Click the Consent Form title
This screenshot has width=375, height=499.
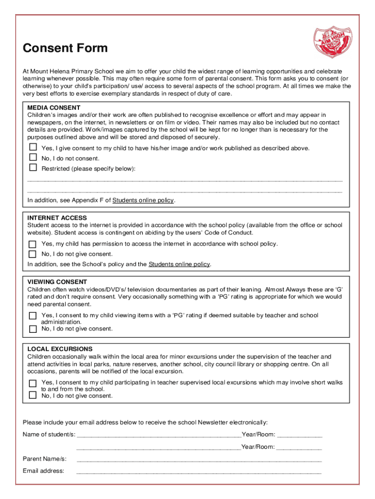pos(65,48)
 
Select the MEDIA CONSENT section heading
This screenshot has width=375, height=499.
pos(54,108)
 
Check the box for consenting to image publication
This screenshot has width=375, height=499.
pos(33,147)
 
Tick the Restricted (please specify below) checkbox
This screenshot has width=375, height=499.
pos(33,168)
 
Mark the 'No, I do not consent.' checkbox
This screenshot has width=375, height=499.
pos(33,157)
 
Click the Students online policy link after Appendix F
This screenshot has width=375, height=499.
pos(143,200)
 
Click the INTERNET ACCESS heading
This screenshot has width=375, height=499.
pos(57,218)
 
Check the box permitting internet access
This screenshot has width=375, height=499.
pos(33,244)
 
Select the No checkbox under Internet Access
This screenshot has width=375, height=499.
pos(33,254)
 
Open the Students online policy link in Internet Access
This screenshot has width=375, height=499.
pos(179,264)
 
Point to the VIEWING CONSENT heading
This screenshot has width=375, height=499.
pos(57,282)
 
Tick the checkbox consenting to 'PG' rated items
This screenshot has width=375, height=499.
pos(33,316)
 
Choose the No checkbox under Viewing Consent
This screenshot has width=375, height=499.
pos(33,329)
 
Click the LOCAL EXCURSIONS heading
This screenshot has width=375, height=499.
pos(60,349)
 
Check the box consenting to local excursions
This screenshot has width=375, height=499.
pos(33,383)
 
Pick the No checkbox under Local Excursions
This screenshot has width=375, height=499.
pos(33,395)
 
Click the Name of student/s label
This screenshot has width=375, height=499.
pos(49,434)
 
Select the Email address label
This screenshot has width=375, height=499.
pos(43,471)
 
